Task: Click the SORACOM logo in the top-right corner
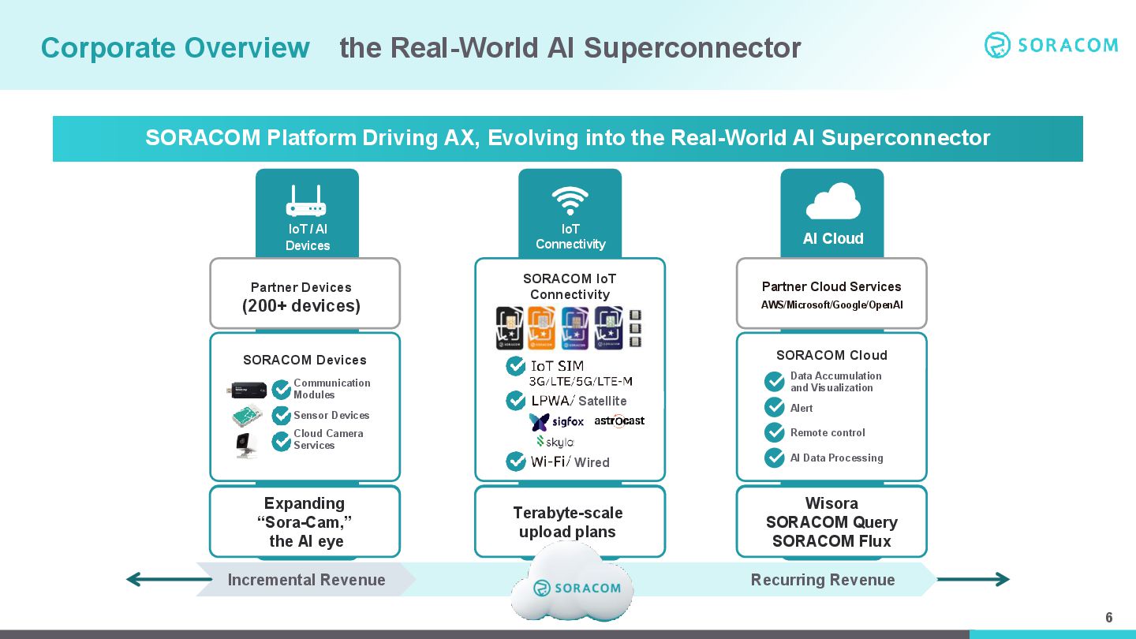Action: point(1051,45)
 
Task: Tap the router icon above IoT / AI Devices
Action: point(306,201)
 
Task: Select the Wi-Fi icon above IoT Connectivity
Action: point(570,200)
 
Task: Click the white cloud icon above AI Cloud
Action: point(832,201)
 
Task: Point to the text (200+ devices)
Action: point(301,306)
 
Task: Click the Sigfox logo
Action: point(557,422)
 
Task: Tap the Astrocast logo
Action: point(619,421)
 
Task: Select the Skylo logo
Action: point(555,442)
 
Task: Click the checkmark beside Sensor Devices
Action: point(281,415)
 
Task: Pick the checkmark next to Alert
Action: point(775,407)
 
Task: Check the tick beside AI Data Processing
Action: point(775,458)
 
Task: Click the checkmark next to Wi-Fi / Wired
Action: point(515,461)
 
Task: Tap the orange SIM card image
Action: point(542,327)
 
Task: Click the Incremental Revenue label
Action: point(306,580)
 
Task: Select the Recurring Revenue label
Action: point(822,580)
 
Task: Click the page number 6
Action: point(1108,617)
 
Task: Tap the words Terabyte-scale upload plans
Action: point(568,522)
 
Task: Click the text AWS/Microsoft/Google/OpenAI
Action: point(831,305)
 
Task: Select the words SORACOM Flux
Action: point(831,541)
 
